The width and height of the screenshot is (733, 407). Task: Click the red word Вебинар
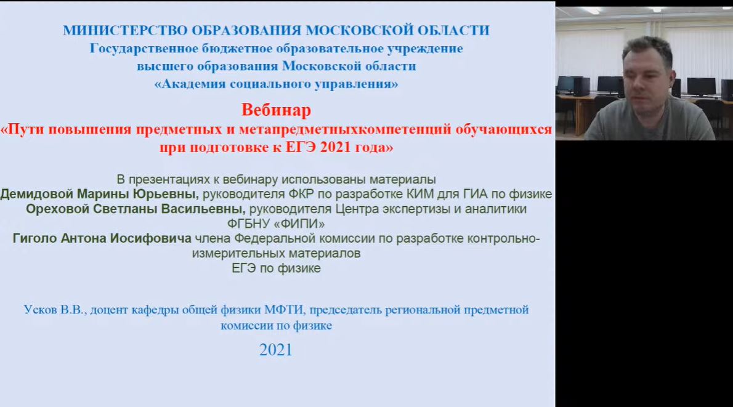(x=277, y=110)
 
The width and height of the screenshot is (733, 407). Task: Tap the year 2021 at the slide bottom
(x=276, y=350)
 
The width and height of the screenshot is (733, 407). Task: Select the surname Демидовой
(x=37, y=194)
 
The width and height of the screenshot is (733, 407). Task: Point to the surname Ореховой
(x=57, y=209)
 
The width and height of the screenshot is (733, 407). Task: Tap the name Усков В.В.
(x=55, y=310)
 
